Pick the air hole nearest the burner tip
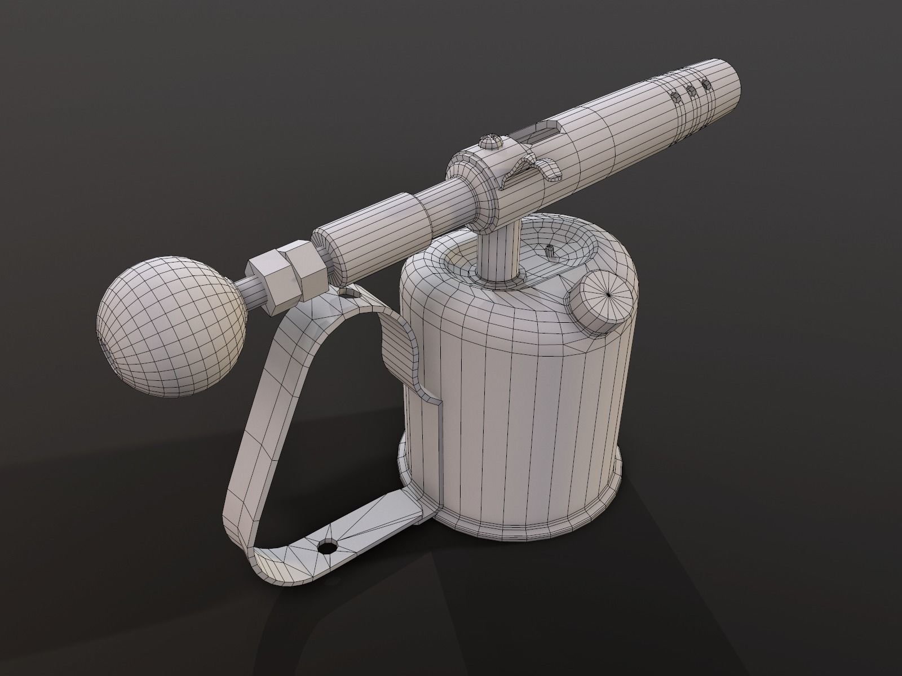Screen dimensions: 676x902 tap(704, 84)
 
